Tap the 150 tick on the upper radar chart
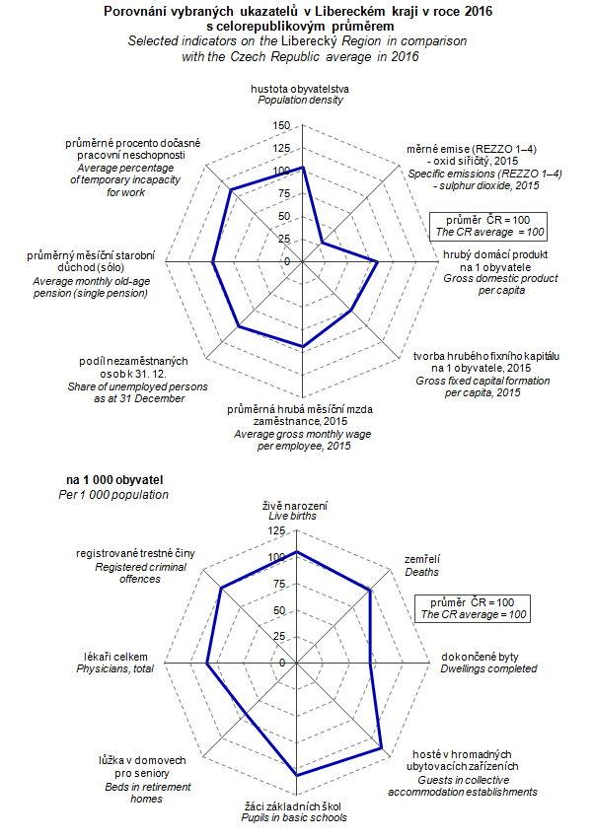click(281, 125)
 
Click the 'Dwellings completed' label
click(488, 668)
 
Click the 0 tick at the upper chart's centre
click(286, 261)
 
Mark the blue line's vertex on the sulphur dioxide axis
click(323, 242)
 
